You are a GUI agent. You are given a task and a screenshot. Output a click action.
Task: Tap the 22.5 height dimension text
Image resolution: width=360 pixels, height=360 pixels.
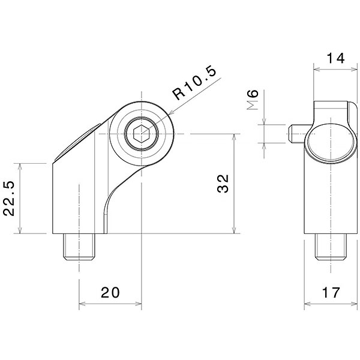tap(11, 199)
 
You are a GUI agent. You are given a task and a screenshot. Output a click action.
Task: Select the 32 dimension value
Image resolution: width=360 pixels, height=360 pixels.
tap(223, 184)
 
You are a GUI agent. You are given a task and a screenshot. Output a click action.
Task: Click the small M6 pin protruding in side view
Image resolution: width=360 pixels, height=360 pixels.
tap(295, 133)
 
